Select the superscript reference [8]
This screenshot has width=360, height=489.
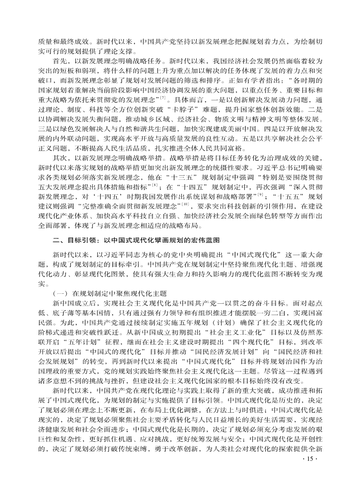155,198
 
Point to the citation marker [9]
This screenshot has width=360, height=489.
260,207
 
